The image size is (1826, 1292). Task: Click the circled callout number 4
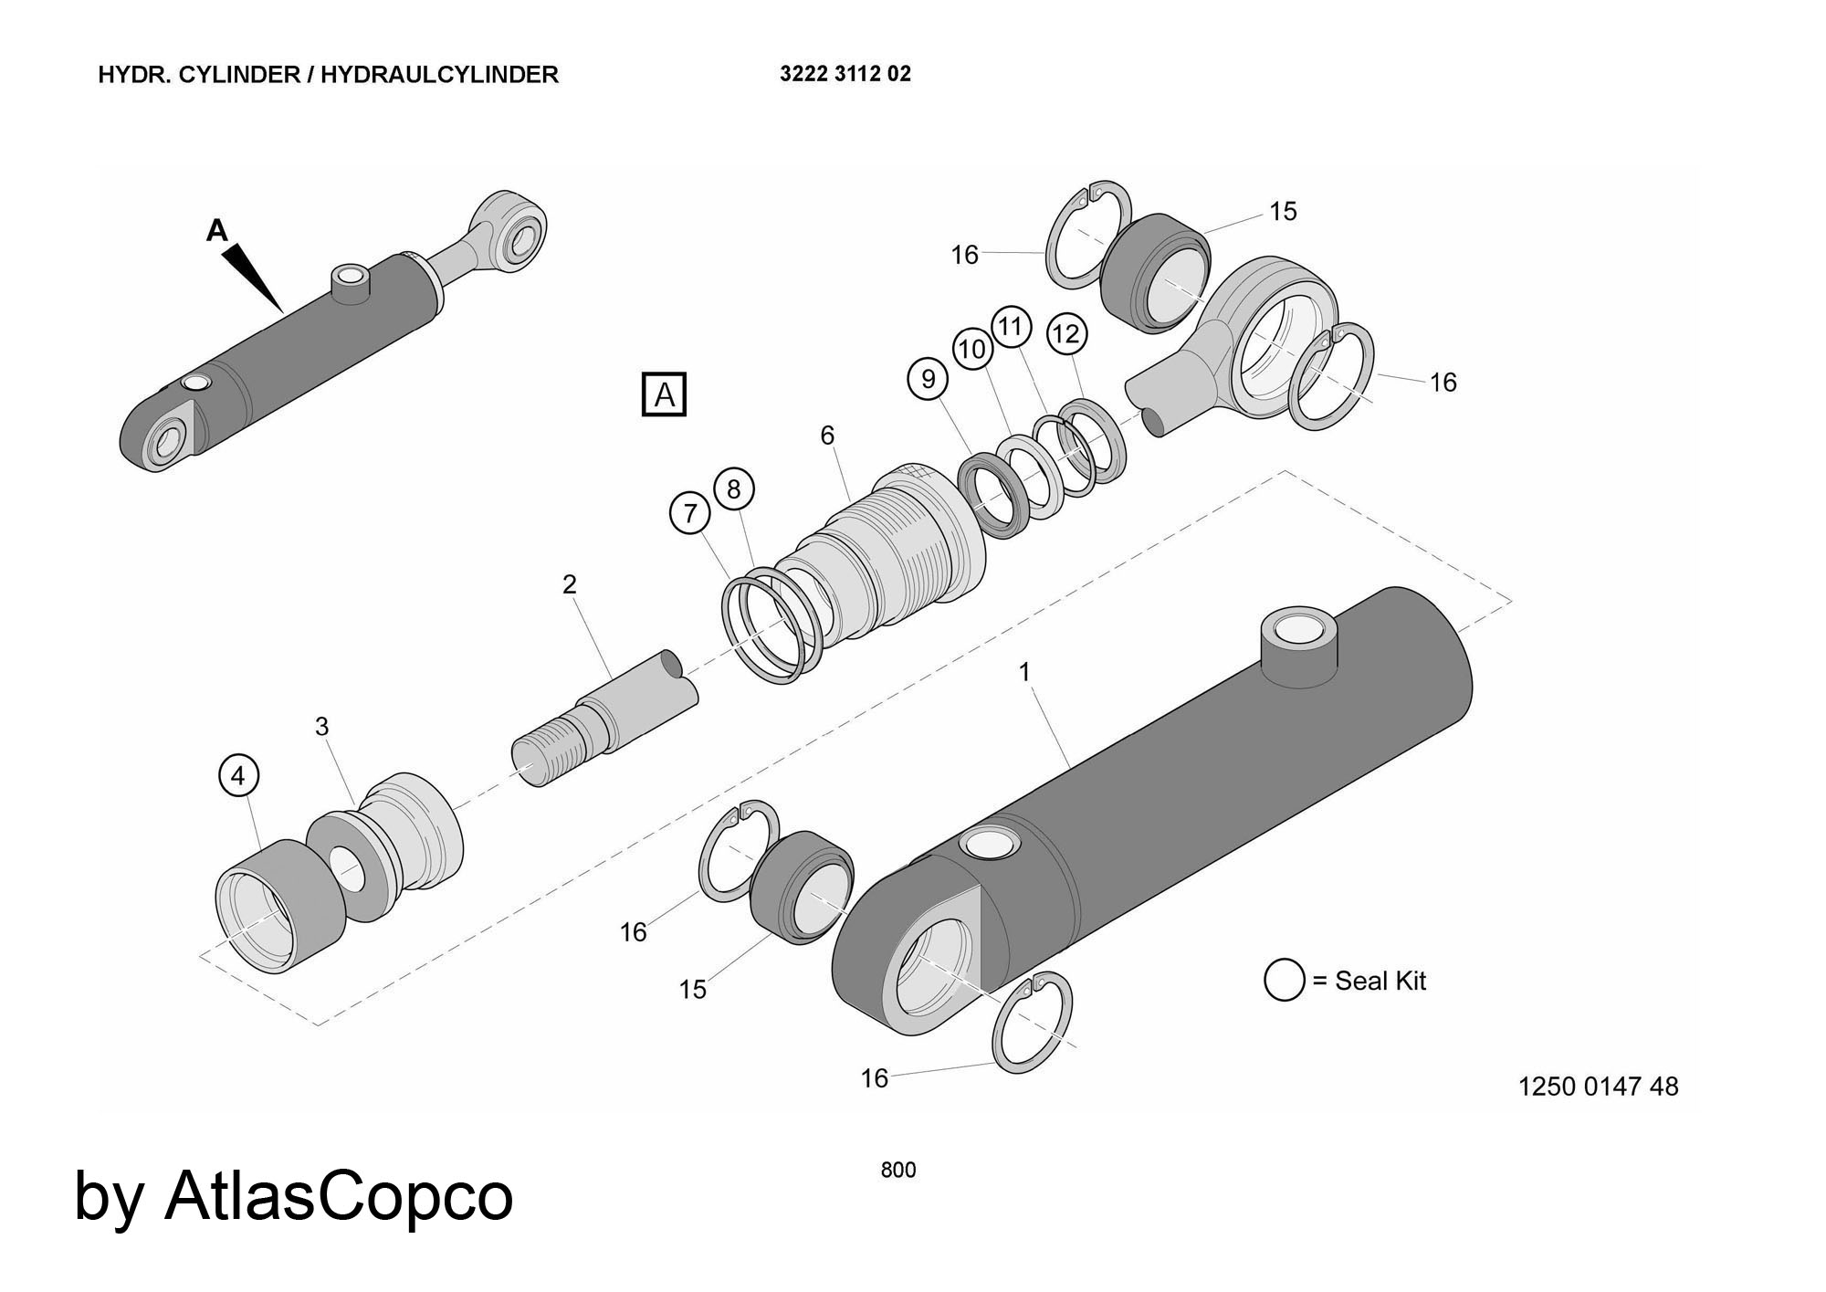pyautogui.click(x=238, y=776)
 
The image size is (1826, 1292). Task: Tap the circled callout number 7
pyautogui.click(x=690, y=513)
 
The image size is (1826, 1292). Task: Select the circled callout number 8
pyautogui.click(x=734, y=489)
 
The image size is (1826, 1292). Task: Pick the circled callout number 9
pyautogui.click(x=929, y=378)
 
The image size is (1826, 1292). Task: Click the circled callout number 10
pyautogui.click(x=972, y=349)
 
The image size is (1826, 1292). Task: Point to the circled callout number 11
pyautogui.click(x=1011, y=326)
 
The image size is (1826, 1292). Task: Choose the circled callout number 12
pyautogui.click(x=1066, y=333)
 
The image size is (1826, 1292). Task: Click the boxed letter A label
pyautogui.click(x=664, y=395)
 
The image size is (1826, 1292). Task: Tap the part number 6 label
pyautogui.click(x=827, y=436)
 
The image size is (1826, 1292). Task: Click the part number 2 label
pyautogui.click(x=570, y=584)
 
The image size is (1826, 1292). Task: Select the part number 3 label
pyautogui.click(x=321, y=727)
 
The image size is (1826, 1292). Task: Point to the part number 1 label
pyautogui.click(x=1024, y=672)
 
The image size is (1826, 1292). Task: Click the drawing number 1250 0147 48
pyautogui.click(x=1598, y=1087)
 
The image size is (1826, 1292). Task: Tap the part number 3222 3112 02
pyautogui.click(x=845, y=74)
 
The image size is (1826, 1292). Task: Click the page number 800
pyautogui.click(x=897, y=1170)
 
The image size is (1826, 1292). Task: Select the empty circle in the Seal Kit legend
pyautogui.click(x=1284, y=980)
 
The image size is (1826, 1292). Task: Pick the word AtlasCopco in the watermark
pyautogui.click(x=339, y=1196)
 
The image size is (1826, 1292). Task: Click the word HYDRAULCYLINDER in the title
pyautogui.click(x=439, y=75)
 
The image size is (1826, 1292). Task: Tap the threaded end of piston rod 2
pyautogui.click(x=545, y=750)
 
